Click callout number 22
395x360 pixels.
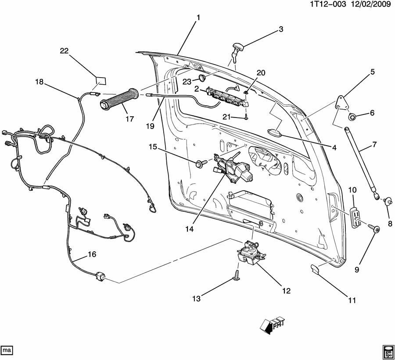coord(64,51)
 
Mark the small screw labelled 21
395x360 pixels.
coord(248,117)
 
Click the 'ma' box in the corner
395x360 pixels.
coord(7,351)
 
